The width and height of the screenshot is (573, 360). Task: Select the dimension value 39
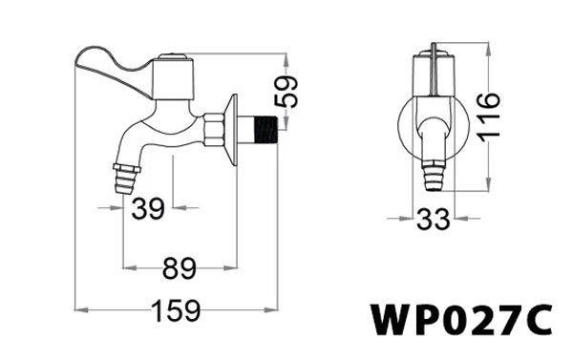tap(148, 209)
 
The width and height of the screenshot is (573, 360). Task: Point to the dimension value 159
tap(179, 311)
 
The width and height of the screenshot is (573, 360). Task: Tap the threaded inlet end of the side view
tap(263, 128)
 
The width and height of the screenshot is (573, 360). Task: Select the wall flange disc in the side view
tap(231, 129)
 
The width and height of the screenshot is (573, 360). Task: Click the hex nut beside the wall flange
tap(214, 128)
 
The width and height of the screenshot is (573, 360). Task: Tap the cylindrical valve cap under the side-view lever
tap(173, 74)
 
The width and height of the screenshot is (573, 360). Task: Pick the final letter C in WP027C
tap(537, 319)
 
